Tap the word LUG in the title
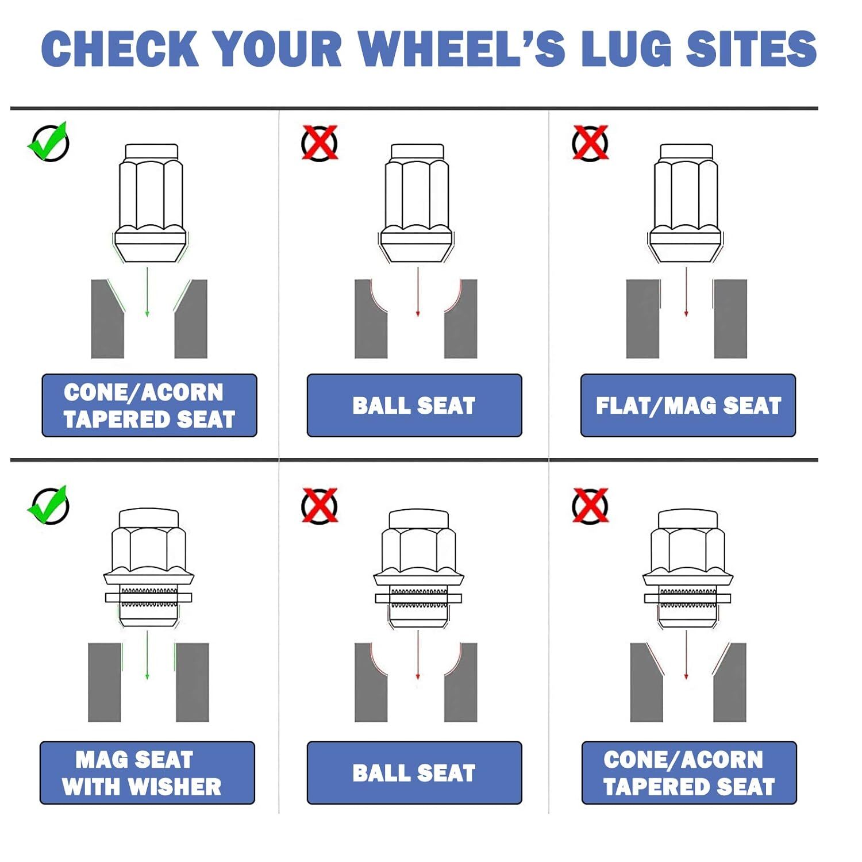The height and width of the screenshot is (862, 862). pos(626,48)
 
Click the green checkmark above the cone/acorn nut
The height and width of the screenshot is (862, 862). pos(49,141)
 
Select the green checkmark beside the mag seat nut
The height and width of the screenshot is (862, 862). pos(49,505)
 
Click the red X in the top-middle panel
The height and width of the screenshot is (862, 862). pos(320,143)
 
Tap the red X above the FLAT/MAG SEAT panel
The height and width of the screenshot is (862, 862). pos(590,143)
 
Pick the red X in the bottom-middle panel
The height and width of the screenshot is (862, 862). pos(320,506)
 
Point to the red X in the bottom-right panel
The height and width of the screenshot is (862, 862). pos(590,506)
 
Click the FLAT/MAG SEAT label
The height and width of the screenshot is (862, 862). pos(688,406)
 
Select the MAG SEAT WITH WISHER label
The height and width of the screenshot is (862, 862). pos(147,773)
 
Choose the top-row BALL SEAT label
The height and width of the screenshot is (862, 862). pos(414,406)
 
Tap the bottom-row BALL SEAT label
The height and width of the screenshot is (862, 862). pos(414,773)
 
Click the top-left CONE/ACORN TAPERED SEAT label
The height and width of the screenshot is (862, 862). pos(149,406)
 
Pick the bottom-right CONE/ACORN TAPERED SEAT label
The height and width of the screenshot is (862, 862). pos(689,773)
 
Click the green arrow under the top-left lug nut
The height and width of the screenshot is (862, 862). pos(147,292)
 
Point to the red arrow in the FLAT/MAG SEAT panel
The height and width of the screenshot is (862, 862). pos(686,292)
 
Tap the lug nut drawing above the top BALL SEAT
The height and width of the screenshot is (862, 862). pos(417,203)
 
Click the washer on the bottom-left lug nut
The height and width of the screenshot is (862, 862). pos(148,598)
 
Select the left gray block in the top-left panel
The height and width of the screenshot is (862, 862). pos(108,319)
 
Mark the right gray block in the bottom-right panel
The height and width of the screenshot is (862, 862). pos(730,682)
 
